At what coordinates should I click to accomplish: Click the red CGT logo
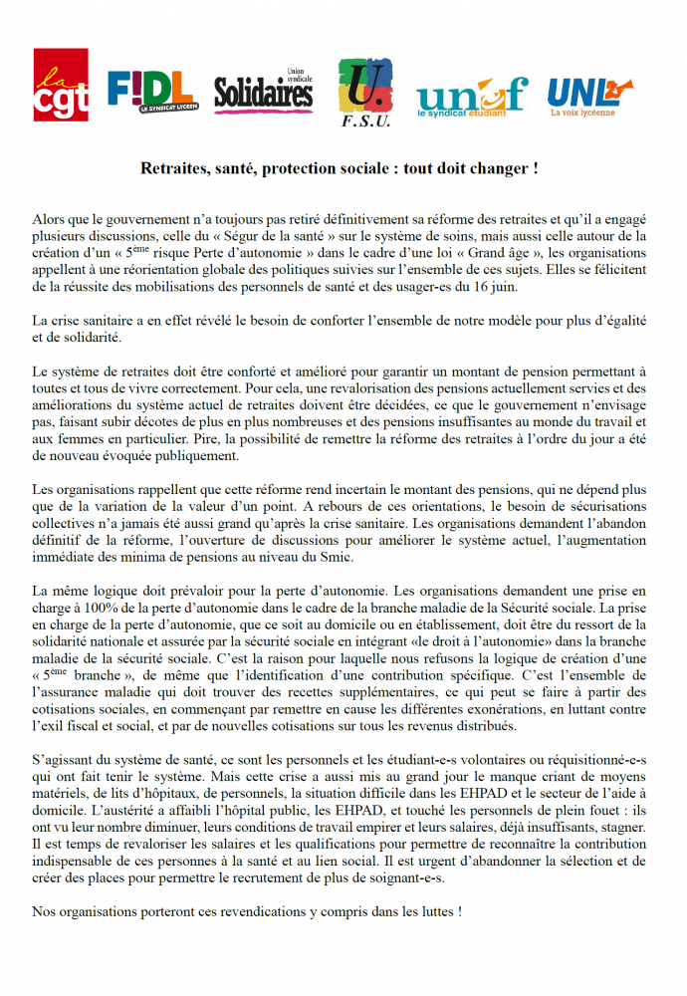coord(61,86)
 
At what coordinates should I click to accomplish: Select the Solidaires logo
coord(264,92)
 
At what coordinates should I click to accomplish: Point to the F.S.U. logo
coord(365,93)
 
